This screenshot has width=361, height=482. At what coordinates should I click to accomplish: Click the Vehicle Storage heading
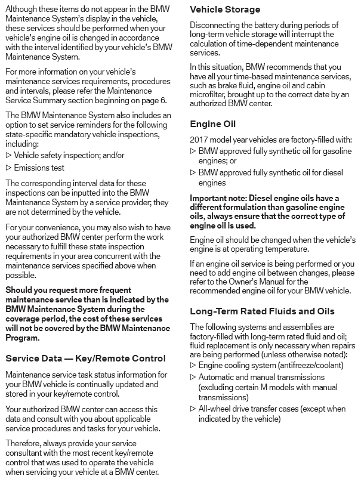click(225, 10)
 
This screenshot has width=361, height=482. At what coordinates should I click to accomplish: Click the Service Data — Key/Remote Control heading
click(85, 358)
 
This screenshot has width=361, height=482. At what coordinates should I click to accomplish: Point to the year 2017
click(200, 140)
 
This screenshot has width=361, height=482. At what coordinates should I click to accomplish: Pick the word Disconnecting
click(215, 25)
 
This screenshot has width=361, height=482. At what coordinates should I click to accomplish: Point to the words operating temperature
click(272, 249)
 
